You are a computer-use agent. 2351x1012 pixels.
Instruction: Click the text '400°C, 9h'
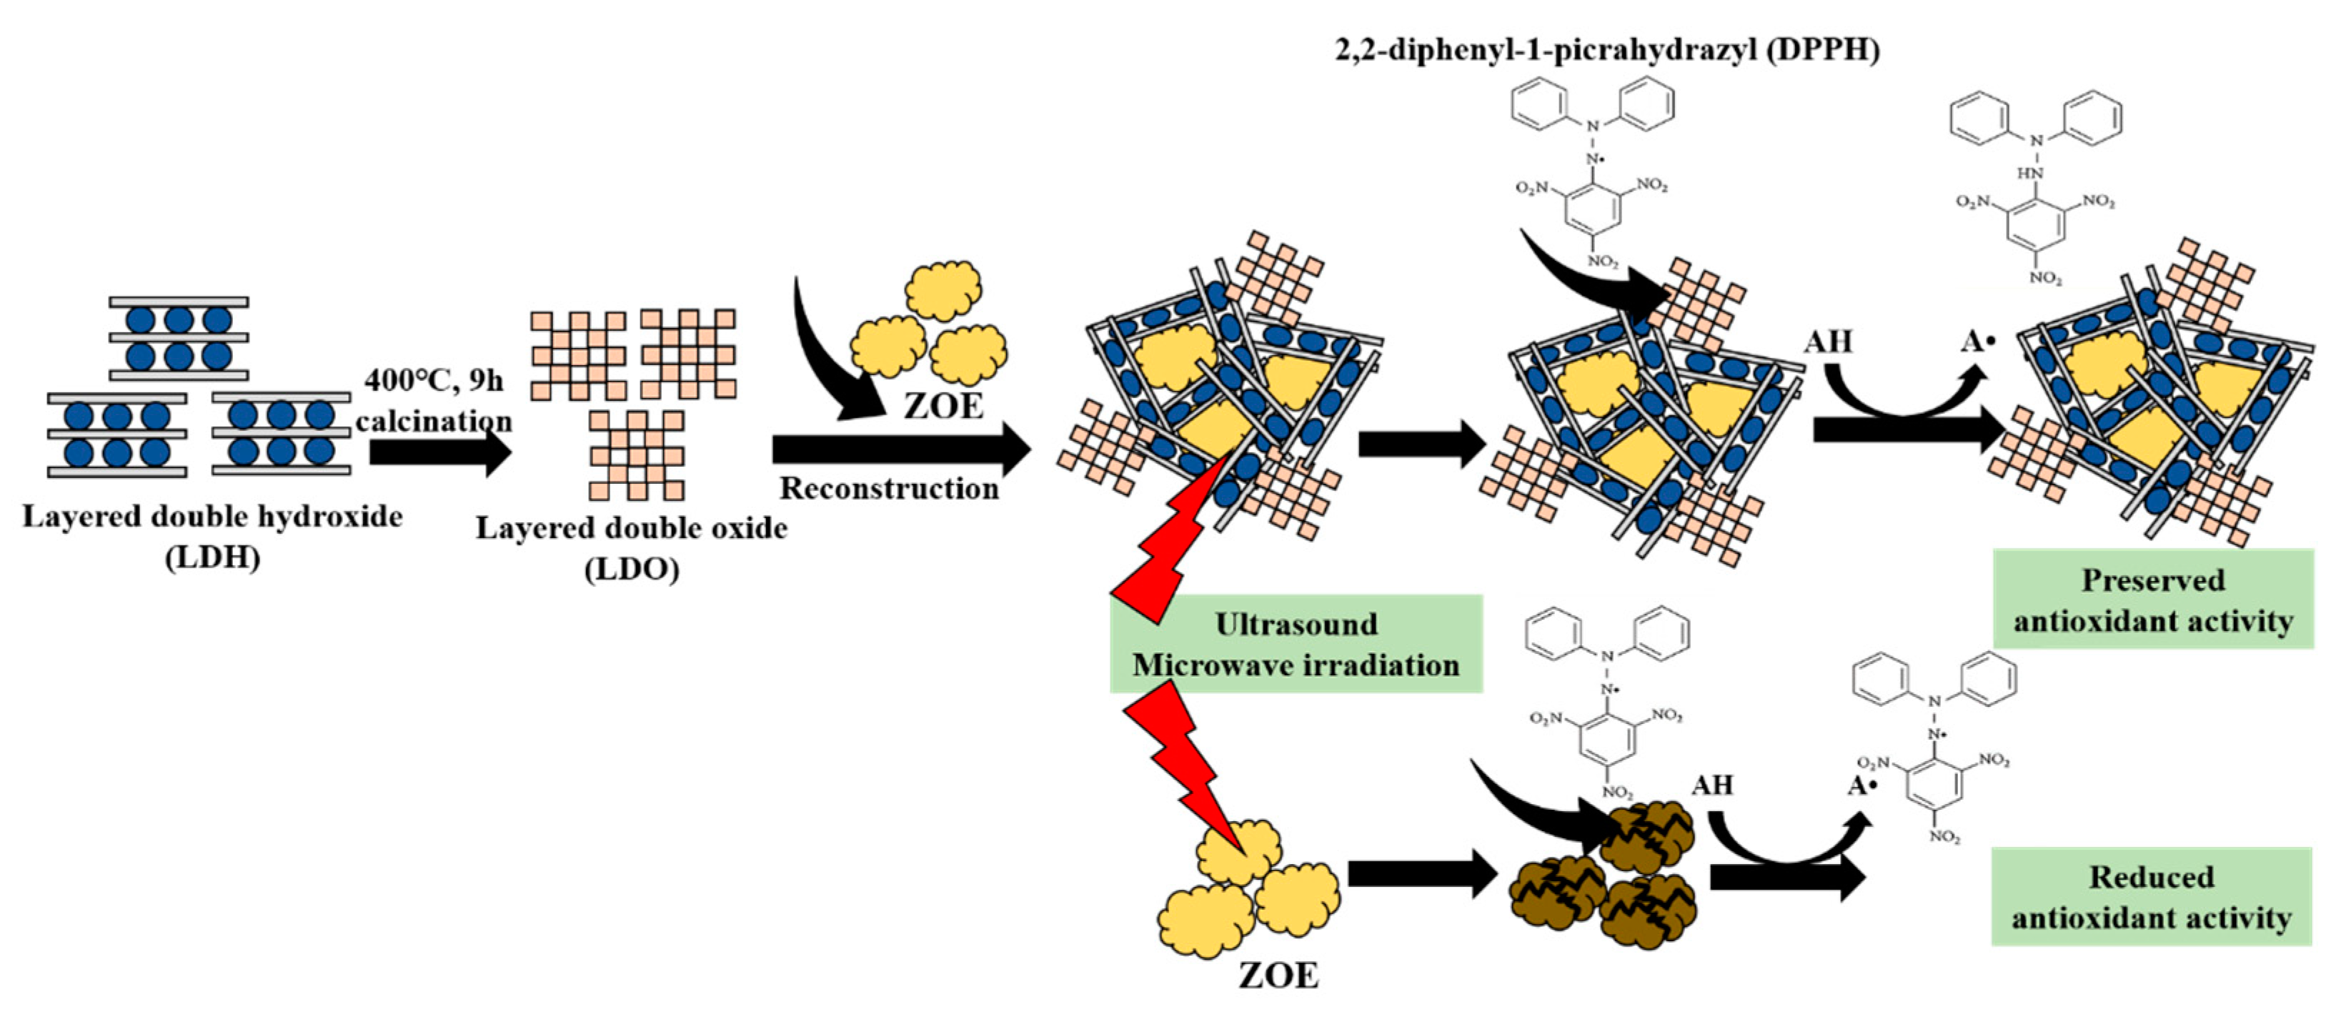(x=434, y=379)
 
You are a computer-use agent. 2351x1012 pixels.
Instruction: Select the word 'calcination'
(x=434, y=421)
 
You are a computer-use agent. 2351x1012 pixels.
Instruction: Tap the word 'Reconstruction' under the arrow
(x=889, y=488)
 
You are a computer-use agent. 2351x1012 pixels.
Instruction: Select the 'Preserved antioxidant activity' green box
(x=2153, y=600)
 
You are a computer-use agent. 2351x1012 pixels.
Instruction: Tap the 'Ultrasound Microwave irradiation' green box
(x=1296, y=644)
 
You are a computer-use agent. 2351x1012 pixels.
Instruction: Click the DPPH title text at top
(x=1607, y=49)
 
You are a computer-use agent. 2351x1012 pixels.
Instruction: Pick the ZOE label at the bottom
(x=1278, y=976)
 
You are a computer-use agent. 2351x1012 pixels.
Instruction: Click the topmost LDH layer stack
(x=179, y=337)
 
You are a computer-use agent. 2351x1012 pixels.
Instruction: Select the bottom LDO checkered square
(x=636, y=455)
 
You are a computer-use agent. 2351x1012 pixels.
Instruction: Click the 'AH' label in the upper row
(x=1828, y=342)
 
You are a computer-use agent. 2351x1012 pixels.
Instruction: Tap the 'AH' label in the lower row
(x=1711, y=785)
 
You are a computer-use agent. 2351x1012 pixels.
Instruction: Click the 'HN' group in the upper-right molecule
(x=2029, y=172)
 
